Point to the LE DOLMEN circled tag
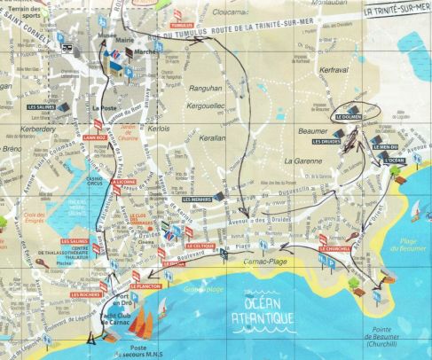pyautogui.click(x=349, y=117)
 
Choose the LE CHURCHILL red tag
pyautogui.click(x=333, y=249)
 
